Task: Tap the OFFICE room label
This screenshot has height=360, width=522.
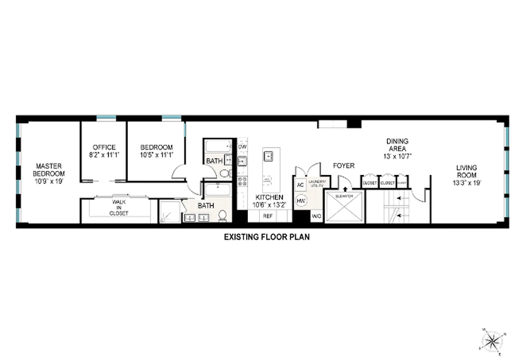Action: [104, 147]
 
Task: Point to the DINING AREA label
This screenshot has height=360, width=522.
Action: [397, 145]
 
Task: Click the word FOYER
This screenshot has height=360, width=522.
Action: [344, 166]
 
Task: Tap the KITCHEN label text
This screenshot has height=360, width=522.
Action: [269, 197]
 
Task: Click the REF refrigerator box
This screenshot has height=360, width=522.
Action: [268, 216]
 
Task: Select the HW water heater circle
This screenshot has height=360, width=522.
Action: [301, 200]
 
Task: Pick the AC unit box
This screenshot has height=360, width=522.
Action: [300, 184]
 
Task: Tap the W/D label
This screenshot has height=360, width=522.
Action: [317, 216]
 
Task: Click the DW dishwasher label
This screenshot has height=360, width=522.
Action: [242, 147]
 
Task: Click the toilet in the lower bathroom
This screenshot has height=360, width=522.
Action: [222, 216]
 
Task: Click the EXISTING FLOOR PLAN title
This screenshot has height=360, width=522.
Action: [267, 237]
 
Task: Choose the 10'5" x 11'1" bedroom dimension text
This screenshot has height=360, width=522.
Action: [156, 155]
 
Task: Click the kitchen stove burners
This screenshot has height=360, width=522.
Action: [242, 181]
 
